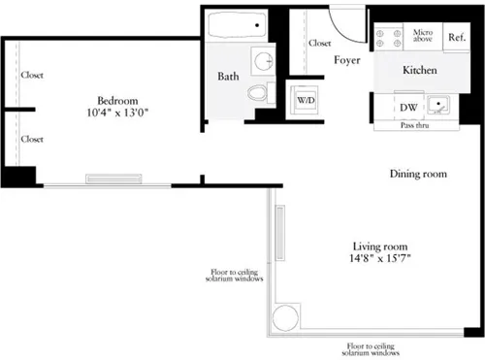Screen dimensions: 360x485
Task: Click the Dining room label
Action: click(418, 174)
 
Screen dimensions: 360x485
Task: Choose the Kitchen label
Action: click(420, 71)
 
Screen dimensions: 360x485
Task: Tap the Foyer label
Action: click(347, 60)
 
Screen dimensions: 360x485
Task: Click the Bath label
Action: click(228, 77)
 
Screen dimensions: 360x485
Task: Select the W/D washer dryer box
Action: click(305, 99)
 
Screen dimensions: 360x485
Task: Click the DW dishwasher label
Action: click(407, 108)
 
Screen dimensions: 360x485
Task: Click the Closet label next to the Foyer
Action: click(319, 43)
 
